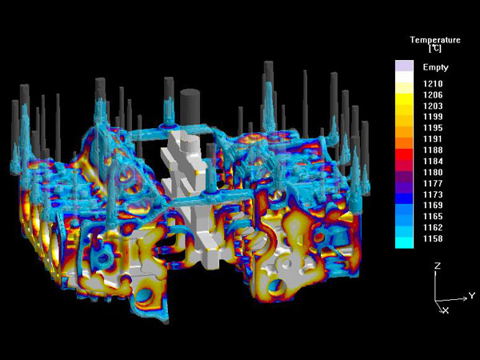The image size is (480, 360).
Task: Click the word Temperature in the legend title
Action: point(435,40)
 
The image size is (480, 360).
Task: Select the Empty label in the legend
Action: point(435,67)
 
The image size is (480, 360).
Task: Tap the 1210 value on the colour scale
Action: point(433,83)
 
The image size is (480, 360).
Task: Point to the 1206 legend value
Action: point(433,95)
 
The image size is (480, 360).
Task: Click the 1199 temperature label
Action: point(433,117)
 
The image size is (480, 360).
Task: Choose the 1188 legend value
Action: point(433,150)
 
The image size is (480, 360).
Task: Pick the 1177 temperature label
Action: point(433,183)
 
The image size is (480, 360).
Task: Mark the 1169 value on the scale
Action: point(433,205)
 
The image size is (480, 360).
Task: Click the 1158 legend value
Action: point(433,238)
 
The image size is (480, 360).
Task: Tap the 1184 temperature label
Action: point(433,161)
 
